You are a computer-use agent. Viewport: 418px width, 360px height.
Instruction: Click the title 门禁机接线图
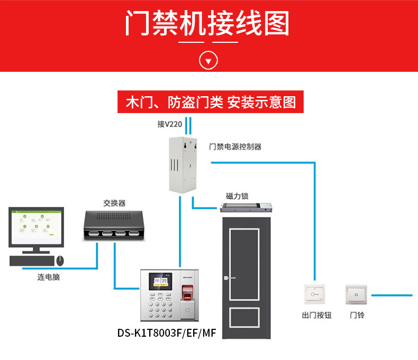208,24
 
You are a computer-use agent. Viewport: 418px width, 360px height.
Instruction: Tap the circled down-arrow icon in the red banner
208,60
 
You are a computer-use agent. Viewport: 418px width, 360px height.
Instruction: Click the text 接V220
169,125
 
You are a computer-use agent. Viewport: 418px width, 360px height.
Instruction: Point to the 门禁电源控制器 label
235,146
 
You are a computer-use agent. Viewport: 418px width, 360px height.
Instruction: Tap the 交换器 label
114,203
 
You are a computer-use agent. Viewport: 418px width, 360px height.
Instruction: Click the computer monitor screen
35,227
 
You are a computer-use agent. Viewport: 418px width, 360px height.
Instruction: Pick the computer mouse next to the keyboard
60,260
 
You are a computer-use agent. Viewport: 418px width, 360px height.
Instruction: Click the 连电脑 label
48,277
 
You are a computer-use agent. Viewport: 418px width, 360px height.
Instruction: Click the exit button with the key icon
314,295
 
